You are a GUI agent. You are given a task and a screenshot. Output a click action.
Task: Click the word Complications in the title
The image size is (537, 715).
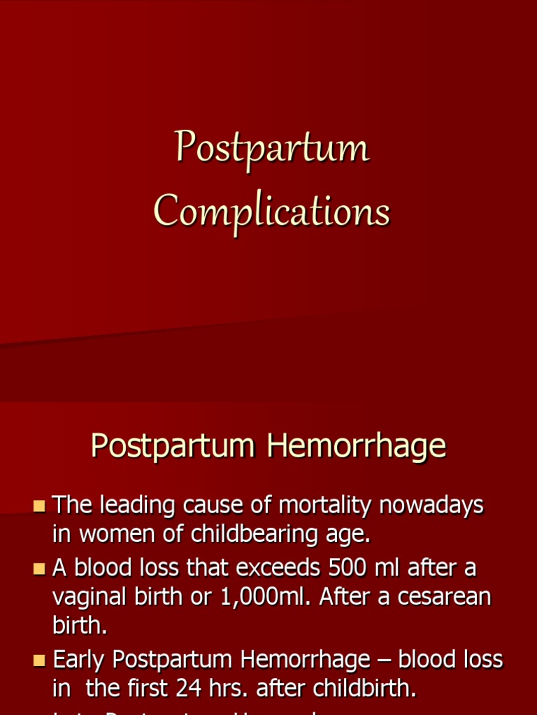point(271,210)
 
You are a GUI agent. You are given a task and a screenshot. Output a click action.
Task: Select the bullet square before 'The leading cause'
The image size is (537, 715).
point(39,505)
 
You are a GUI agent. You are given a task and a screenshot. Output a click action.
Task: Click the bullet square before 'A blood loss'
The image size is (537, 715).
point(39,568)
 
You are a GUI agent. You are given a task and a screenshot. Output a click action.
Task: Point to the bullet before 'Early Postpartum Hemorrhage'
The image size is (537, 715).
point(39,660)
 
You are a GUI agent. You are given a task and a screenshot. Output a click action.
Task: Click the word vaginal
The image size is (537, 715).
point(90,598)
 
